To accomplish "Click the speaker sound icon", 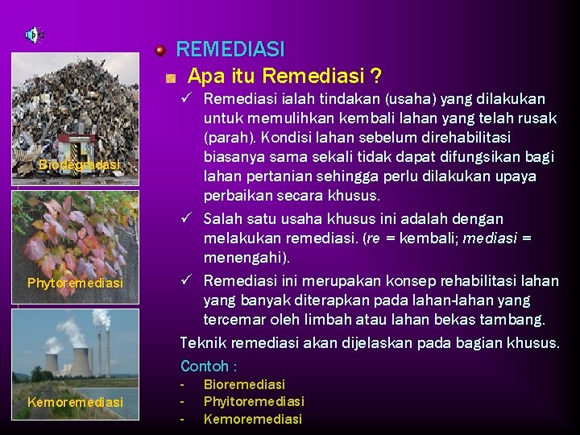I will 34,35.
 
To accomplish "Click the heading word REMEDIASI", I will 230,50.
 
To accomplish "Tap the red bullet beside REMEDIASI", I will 161,51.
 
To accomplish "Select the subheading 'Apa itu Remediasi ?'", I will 284,77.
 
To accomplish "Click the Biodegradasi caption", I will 78,165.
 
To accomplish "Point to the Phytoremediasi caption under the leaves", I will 75,284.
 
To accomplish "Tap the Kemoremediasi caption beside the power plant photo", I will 75,402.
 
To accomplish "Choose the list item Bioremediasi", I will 244,385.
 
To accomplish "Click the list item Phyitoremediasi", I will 254,401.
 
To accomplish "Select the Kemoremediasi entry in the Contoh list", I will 252,419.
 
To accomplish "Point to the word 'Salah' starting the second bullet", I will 222,219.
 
